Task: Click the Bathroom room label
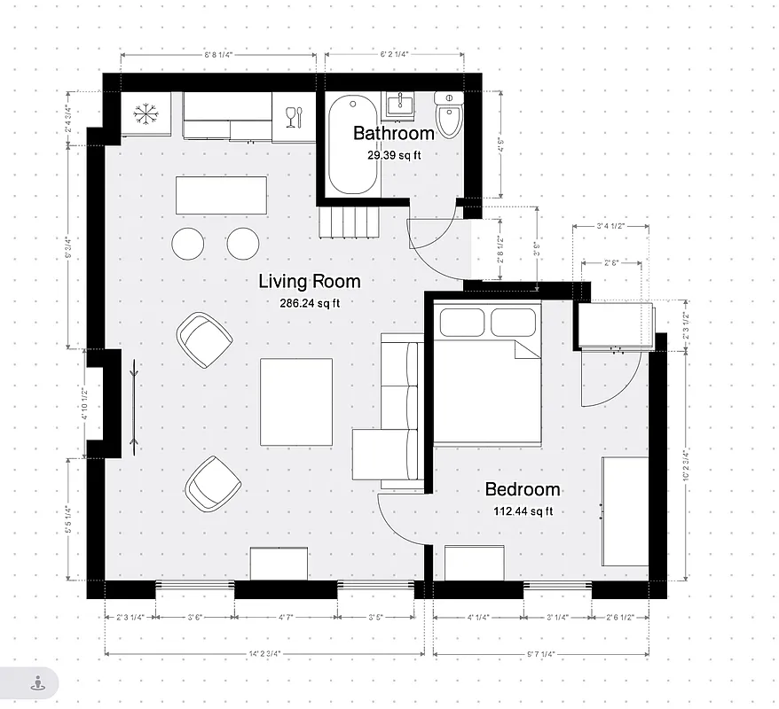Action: (x=394, y=134)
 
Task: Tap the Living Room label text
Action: (x=310, y=282)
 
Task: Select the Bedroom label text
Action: (x=523, y=489)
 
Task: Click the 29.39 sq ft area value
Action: (x=394, y=154)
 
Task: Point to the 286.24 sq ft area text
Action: (x=310, y=302)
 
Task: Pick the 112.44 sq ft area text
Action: (x=523, y=510)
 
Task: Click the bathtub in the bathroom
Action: (x=352, y=146)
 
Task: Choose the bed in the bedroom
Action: (x=487, y=372)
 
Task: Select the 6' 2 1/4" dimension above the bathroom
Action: (x=394, y=54)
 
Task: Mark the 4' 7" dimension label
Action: (x=285, y=618)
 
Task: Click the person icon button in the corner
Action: (x=37, y=683)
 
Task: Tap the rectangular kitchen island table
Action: (x=221, y=195)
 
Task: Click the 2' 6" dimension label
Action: (x=611, y=262)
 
